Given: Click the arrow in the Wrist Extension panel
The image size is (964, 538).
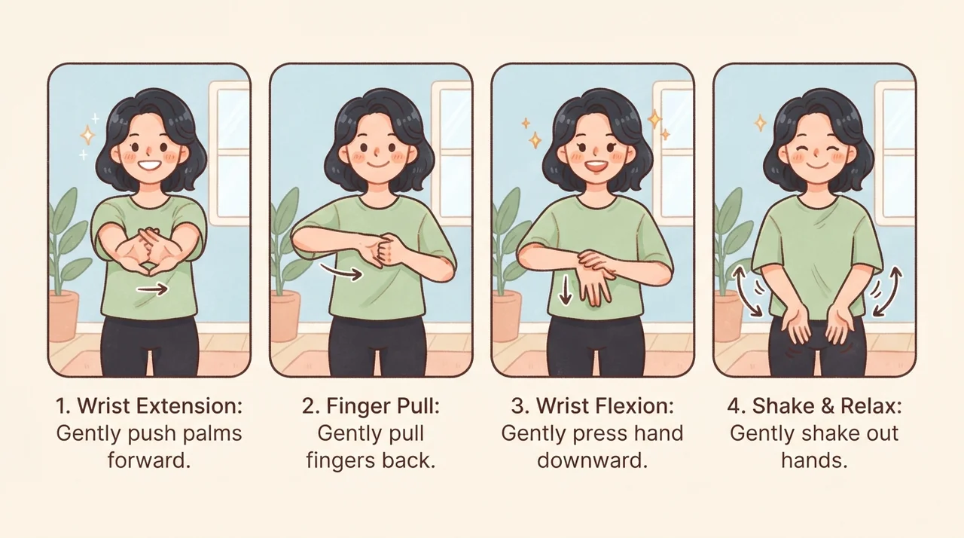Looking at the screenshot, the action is [x=152, y=289].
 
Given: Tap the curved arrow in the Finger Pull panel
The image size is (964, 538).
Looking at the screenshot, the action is [x=341, y=272].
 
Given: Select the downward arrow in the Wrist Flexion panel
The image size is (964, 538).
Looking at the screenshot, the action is [x=565, y=290].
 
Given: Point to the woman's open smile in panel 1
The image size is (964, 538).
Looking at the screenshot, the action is [x=148, y=165].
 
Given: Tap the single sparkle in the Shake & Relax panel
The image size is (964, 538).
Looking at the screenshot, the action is [x=761, y=123].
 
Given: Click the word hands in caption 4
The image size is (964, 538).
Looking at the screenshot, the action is [x=814, y=460].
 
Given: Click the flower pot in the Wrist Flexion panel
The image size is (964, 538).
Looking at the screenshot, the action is [x=506, y=316].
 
